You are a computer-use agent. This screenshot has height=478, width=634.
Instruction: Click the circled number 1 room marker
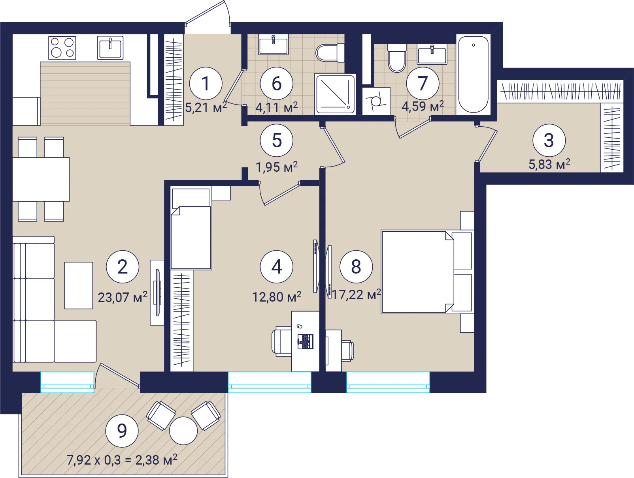coord(206,84)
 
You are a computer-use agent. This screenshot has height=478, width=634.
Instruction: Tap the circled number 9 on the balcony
coord(122,431)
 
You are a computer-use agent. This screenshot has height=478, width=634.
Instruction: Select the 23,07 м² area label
coord(123,297)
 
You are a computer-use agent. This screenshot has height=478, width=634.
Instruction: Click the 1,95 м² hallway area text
coord(277,166)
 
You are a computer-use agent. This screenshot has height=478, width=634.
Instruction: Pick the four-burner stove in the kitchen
coord(62,48)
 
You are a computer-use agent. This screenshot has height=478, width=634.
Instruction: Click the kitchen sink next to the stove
coord(110,48)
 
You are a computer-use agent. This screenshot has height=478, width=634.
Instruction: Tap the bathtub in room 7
coord(473,75)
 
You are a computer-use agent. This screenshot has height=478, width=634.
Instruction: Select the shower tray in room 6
coord(335,94)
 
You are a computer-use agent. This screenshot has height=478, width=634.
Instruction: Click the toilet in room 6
coord(330,53)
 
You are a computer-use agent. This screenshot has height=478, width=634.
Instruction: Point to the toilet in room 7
coord(397,58)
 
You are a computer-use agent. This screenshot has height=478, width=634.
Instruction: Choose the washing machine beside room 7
coord(376,101)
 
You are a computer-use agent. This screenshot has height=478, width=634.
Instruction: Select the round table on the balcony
coord(183,431)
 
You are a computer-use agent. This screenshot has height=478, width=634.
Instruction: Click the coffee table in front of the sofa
coord(79,285)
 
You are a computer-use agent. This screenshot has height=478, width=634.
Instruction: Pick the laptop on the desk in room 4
coord(305,341)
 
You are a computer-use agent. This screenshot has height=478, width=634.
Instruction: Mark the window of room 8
coord(388,382)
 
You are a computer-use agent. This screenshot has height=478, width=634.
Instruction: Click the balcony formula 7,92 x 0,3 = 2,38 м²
coord(122,460)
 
